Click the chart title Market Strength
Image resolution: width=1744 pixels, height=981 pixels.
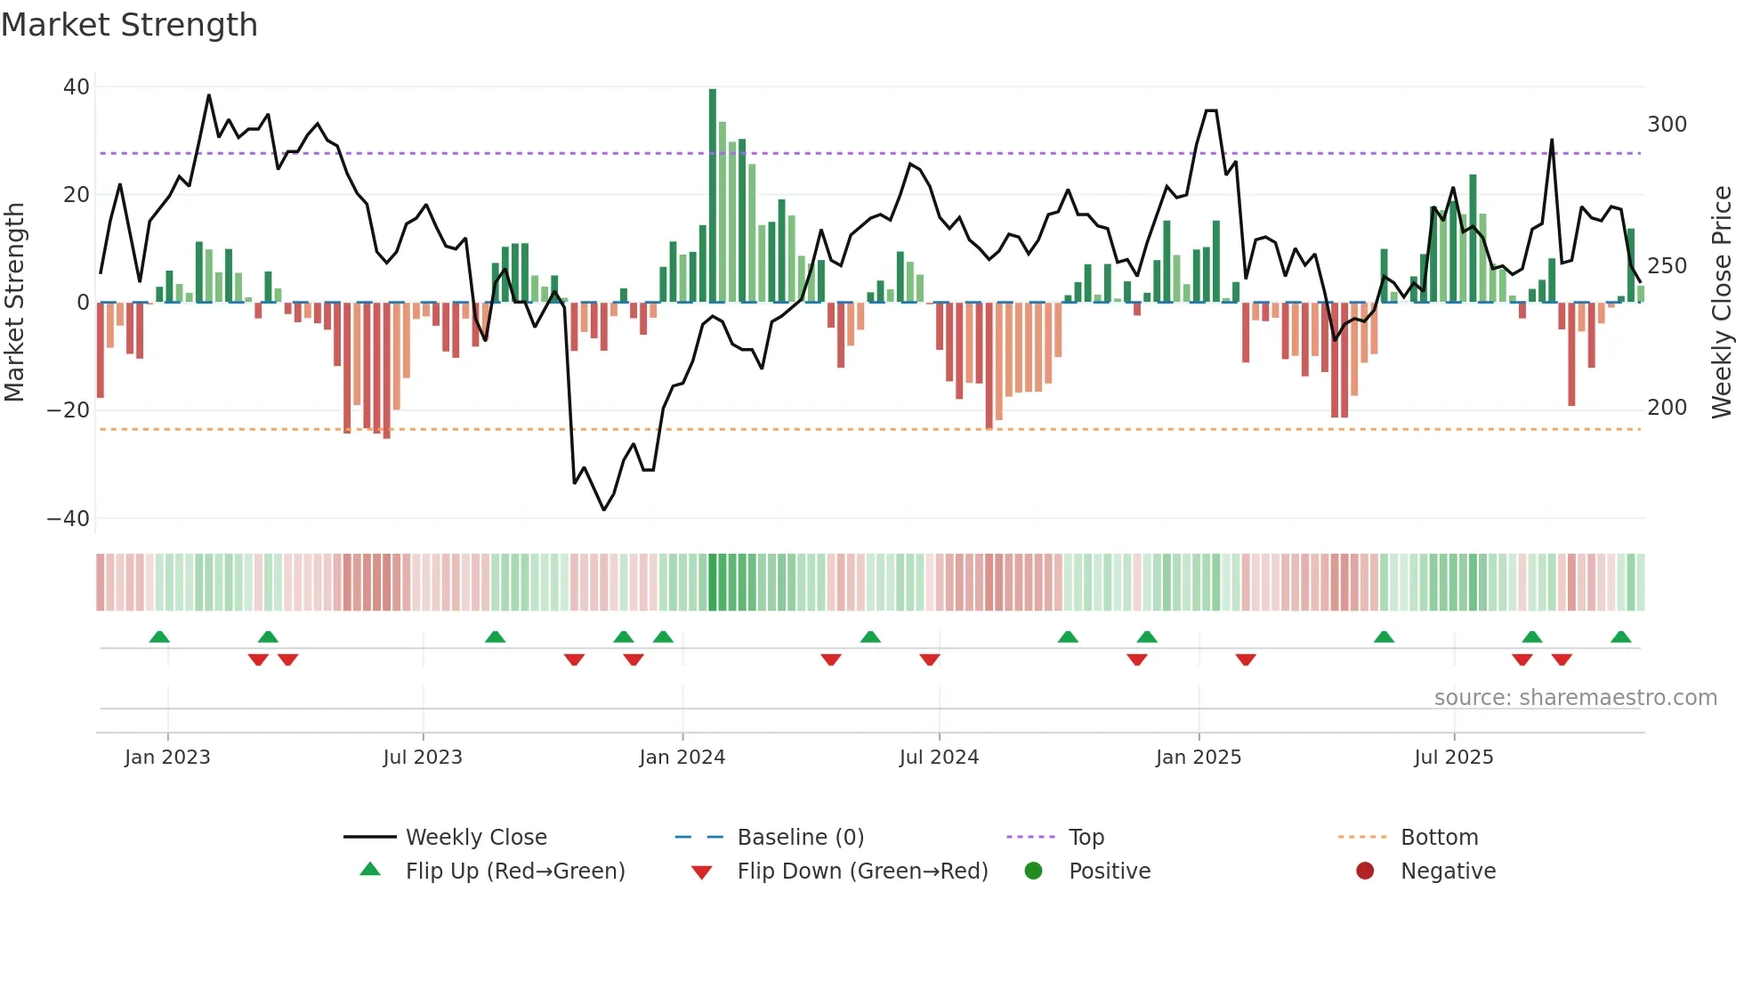coord(130,25)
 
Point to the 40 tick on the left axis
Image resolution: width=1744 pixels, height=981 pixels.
coord(77,87)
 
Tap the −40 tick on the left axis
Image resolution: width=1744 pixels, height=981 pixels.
coord(69,518)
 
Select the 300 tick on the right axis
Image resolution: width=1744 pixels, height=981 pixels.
coord(1667,125)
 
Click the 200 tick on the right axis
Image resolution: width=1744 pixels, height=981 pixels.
coord(1667,408)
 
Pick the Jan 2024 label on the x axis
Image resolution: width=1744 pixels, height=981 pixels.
coord(682,758)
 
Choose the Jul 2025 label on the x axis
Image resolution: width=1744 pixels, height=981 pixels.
coord(1454,758)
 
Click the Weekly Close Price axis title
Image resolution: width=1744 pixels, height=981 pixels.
coord(1722,303)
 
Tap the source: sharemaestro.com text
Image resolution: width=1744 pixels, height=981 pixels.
coord(1575,698)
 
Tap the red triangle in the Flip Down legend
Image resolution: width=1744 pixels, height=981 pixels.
coord(701,872)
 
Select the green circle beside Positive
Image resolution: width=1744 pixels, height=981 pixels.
coord(1033,872)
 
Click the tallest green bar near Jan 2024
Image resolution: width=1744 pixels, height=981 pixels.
coord(713,196)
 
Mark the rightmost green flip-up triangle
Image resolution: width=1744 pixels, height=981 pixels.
coord(1620,637)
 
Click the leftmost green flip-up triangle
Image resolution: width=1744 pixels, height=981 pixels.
coord(159,637)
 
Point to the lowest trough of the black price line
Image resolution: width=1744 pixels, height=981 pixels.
coord(604,509)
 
